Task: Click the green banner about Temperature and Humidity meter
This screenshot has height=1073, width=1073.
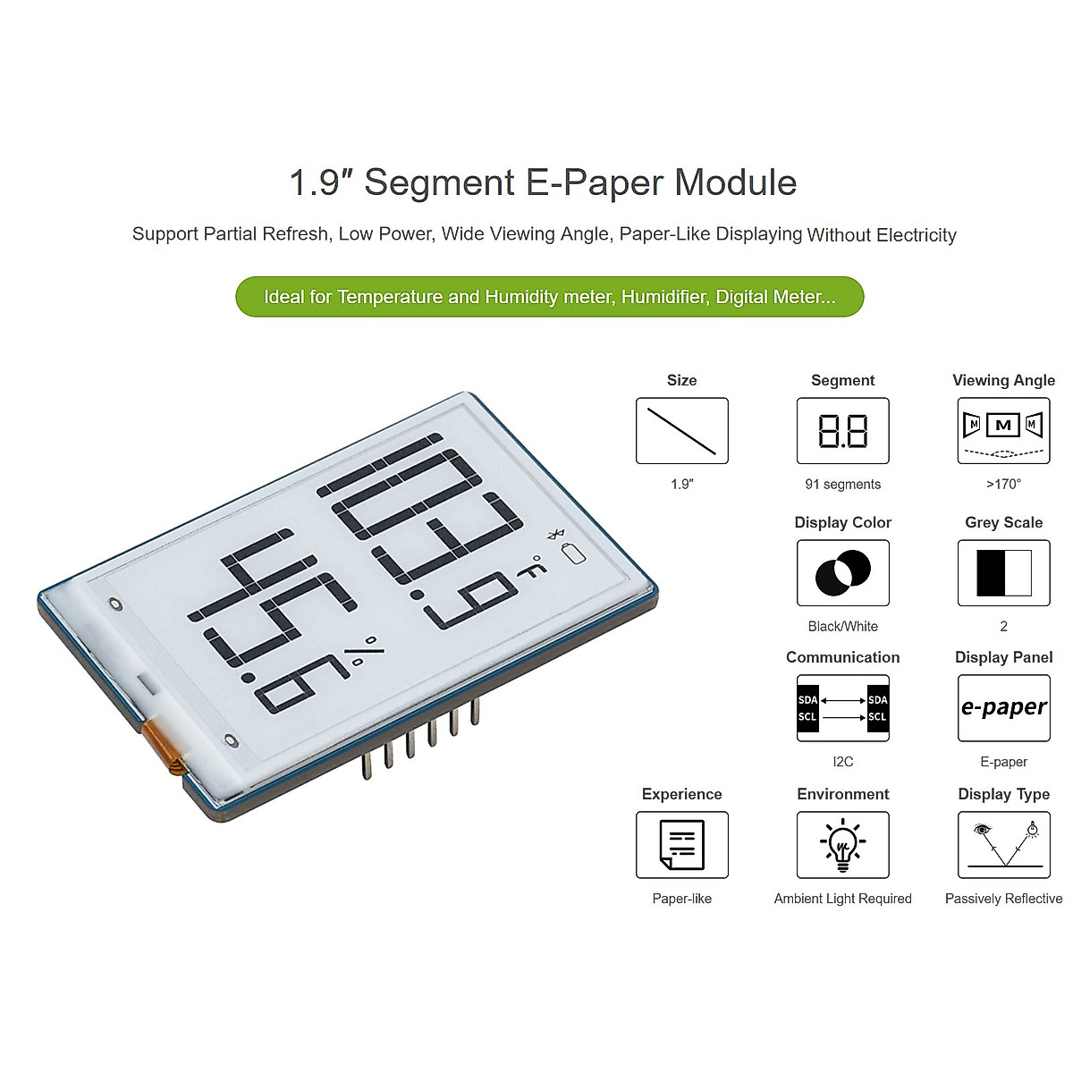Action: point(549,297)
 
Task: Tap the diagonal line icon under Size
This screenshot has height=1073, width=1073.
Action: point(681,431)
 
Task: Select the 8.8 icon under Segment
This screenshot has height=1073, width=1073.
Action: point(842,431)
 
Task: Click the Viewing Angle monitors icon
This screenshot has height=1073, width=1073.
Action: point(1003,431)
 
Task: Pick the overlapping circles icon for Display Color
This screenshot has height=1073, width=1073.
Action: point(842,573)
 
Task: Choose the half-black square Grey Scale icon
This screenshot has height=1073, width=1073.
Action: point(1003,573)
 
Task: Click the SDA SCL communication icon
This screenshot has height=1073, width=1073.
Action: point(842,708)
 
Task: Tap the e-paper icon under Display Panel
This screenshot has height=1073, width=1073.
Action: point(1003,708)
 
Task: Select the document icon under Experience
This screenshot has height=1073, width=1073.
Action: point(681,845)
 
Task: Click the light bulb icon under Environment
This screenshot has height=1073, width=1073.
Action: point(842,845)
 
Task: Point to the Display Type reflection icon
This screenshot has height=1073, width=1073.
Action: point(1003,845)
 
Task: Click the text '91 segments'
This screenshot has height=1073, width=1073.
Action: point(842,485)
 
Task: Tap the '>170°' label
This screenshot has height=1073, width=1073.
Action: point(1003,485)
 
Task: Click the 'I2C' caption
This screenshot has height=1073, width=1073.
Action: point(842,762)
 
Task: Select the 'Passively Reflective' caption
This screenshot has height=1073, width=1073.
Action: point(1003,899)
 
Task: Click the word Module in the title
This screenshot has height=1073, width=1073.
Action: point(735,182)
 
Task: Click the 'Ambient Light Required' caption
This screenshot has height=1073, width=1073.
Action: point(842,899)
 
